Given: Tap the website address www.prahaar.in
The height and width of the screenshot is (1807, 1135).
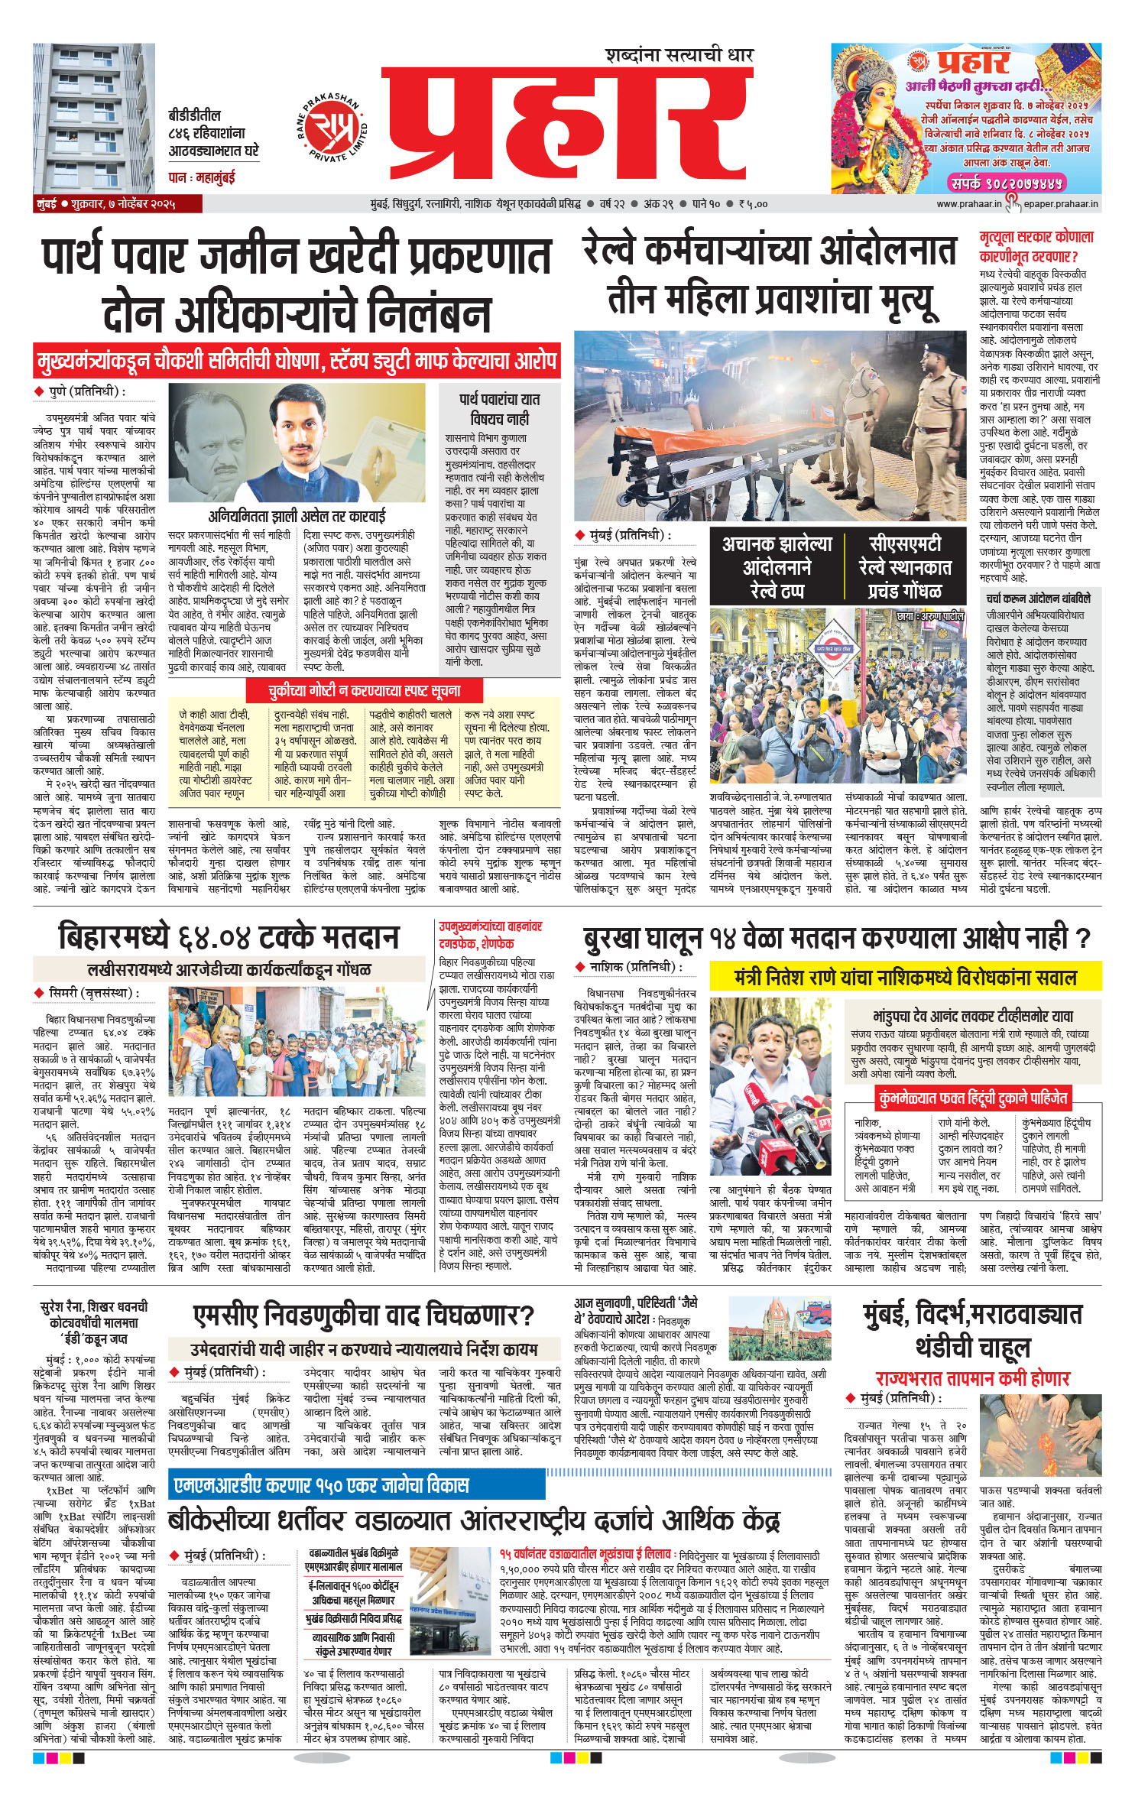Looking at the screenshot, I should click(x=968, y=204).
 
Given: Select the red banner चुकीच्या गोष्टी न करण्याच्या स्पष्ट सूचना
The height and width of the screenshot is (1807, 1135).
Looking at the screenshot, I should click(x=364, y=691).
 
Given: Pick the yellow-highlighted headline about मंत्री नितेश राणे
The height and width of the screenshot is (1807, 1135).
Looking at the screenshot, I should click(x=905, y=978).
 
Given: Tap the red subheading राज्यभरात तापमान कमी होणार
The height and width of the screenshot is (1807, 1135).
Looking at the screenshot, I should click(x=972, y=1378).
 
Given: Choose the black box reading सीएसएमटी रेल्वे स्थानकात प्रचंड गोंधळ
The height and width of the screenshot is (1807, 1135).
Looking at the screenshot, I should click(x=904, y=567).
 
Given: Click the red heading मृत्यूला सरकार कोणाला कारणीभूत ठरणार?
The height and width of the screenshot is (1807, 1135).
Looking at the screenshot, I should click(x=1036, y=246).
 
